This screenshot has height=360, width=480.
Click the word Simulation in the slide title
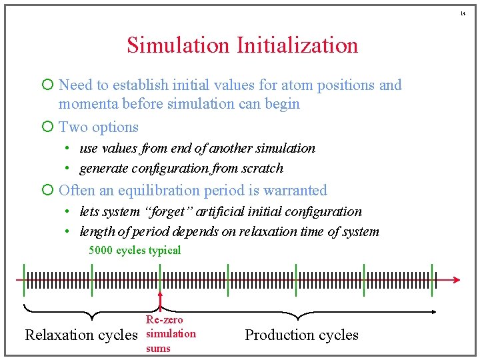(x=178, y=45)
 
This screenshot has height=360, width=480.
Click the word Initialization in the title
(x=297, y=45)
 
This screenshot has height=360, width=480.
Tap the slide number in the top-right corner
(x=464, y=13)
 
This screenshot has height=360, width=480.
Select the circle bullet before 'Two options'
(x=47, y=127)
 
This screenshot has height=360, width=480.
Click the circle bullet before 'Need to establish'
(x=47, y=85)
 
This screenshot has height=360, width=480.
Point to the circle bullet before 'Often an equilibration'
(x=47, y=190)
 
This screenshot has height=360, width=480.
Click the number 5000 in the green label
(x=101, y=251)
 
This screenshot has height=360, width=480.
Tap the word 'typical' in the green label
(x=165, y=251)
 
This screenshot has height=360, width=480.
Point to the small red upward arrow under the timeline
(x=160, y=298)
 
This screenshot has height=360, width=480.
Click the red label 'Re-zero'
(x=164, y=320)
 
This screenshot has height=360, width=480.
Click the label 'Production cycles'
(x=301, y=335)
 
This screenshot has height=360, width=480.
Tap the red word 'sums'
(x=158, y=348)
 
